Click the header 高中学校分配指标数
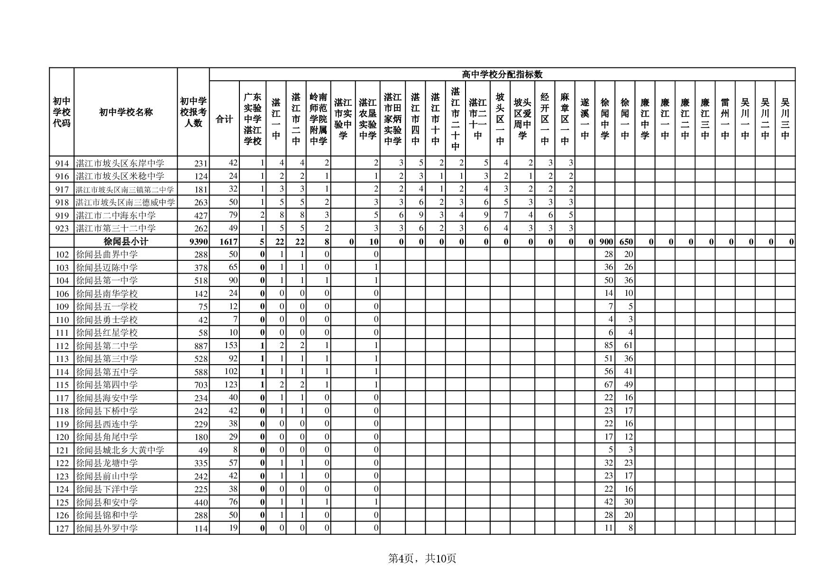[x=502, y=74]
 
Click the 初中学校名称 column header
[x=126, y=112]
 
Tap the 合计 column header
[x=224, y=119]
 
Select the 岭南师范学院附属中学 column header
[x=318, y=119]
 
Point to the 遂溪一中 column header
[x=584, y=119]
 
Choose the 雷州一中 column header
[x=725, y=119]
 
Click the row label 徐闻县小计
[x=126, y=241]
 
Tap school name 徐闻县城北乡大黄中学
[x=120, y=450]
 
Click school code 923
[x=62, y=229]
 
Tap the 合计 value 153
[x=231, y=346]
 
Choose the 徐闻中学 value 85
[x=608, y=346]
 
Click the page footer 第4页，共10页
[x=422, y=559]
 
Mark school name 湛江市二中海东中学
[x=116, y=215]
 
